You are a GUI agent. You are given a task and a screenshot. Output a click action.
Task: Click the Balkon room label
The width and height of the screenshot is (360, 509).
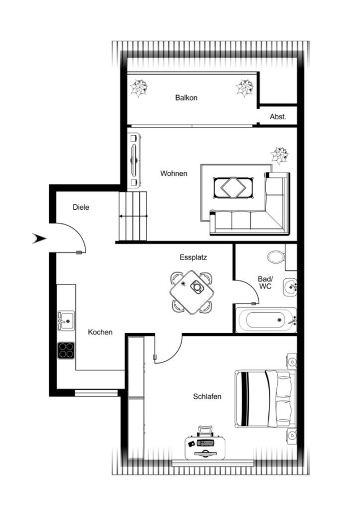tap(186, 97)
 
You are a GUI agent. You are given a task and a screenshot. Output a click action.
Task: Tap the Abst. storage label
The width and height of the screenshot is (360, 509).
tap(278, 117)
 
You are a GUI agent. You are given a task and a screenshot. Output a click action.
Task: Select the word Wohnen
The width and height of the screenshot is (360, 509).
tap(174, 174)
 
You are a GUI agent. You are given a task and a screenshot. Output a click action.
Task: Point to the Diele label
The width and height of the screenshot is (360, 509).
tap(81, 207)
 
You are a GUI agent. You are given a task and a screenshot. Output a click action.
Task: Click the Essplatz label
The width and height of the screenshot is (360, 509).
tap(194, 257)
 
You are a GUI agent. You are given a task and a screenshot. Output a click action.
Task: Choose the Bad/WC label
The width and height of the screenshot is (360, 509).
tap(265, 282)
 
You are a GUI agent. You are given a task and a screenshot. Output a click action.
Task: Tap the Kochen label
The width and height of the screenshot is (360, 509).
tap(100, 332)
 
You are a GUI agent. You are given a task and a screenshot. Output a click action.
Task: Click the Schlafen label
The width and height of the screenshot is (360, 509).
tap(207, 396)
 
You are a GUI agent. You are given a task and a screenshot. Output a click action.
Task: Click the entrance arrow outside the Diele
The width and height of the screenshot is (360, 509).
tap(39, 239)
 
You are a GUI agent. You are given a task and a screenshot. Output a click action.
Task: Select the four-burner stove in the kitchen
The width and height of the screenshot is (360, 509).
tap(66, 351)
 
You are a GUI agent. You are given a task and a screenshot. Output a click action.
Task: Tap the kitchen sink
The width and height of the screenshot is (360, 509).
tap(66, 321)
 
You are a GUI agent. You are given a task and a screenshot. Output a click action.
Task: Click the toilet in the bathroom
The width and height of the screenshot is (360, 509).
tap(276, 257)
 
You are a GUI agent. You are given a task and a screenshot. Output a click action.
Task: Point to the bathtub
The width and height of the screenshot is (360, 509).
tap(266, 320)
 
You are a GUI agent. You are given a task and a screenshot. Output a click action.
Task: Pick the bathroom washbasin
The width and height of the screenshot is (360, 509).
tap(290, 287)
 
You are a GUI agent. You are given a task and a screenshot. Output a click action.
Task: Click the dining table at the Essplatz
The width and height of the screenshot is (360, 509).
tap(192, 292)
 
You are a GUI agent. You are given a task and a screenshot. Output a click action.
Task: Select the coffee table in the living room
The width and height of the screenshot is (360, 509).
tap(233, 187)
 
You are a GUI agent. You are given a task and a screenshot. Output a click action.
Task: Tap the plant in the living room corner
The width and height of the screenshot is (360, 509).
tap(280, 156)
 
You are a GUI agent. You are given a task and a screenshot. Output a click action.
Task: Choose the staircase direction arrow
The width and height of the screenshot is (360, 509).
tap(133, 216)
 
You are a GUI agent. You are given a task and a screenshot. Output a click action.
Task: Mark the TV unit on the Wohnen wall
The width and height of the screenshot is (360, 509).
tap(134, 161)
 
